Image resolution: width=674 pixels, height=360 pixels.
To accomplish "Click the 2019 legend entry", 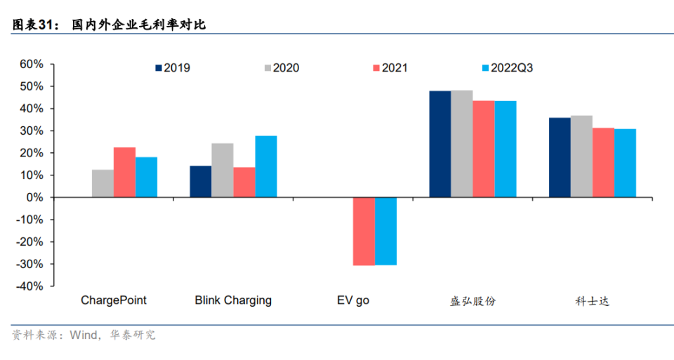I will pyautogui.click(x=172, y=68).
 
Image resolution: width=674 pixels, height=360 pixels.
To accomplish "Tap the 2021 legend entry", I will pyautogui.click(x=389, y=68).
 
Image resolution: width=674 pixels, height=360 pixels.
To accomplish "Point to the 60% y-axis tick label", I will pyautogui.click(x=30, y=64).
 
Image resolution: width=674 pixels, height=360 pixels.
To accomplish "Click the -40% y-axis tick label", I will pyautogui.click(x=29, y=286).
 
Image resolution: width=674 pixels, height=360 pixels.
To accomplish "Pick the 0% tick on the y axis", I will pyautogui.click(x=36, y=197).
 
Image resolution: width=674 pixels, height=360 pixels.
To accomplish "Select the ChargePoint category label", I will pyautogui.click(x=114, y=300).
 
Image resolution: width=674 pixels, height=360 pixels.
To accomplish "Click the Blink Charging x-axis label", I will pyautogui.click(x=233, y=300).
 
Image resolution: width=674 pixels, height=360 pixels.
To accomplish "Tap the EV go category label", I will pyautogui.click(x=352, y=300).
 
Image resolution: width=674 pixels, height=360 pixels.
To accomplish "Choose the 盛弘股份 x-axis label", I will pyautogui.click(x=473, y=301).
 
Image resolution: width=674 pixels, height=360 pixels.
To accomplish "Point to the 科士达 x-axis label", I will pyautogui.click(x=592, y=301).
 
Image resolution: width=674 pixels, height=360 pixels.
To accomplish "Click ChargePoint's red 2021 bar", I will pyautogui.click(x=124, y=172).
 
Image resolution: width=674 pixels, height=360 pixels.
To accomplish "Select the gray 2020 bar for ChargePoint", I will pyautogui.click(x=103, y=183).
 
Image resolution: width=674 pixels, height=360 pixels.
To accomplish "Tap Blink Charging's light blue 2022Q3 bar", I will pyautogui.click(x=266, y=166).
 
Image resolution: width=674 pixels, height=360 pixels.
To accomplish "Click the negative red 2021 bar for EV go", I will pyautogui.click(x=363, y=231).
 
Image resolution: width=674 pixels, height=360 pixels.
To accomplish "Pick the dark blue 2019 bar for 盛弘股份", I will pyautogui.click(x=440, y=144).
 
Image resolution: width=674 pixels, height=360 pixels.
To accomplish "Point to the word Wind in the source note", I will pyautogui.click(x=83, y=335).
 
